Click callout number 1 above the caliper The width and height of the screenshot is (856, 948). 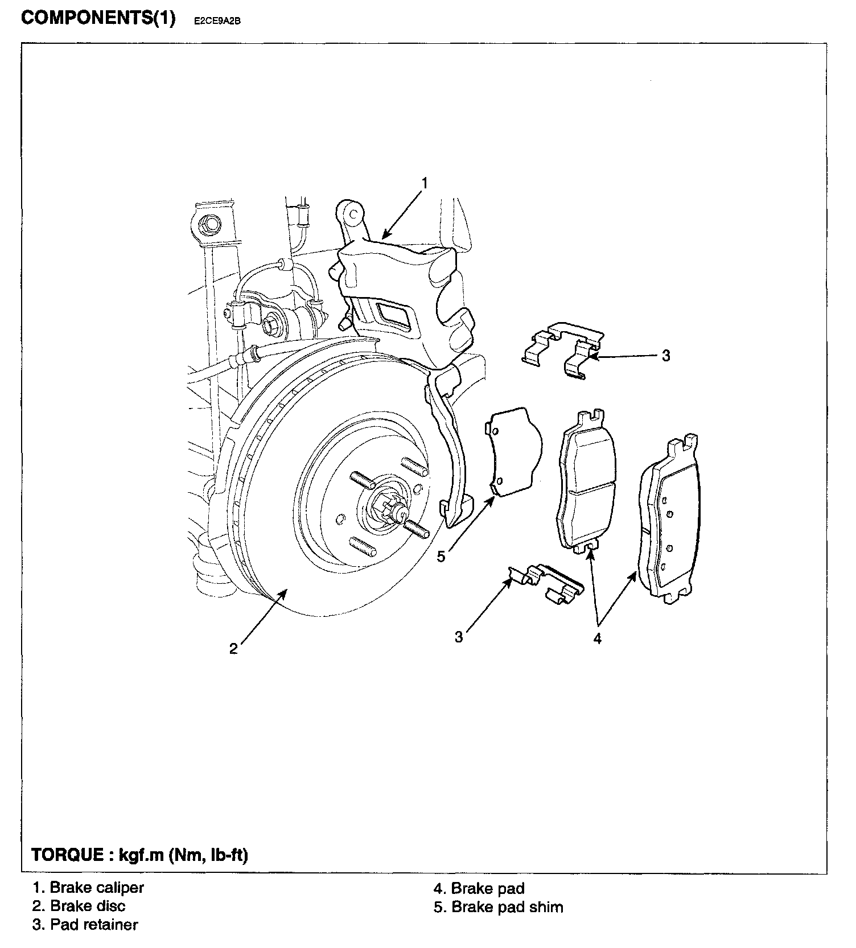424,183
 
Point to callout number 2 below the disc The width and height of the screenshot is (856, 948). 233,649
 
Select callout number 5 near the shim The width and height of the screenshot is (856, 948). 441,556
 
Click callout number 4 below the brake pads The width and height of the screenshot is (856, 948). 597,638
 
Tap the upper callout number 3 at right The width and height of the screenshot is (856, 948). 666,356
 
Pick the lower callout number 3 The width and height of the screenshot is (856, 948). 459,637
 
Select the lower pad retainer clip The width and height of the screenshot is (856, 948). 546,583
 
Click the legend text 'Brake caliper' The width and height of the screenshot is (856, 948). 97,887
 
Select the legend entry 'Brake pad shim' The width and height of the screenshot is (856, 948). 507,906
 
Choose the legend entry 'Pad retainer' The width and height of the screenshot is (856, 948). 94,925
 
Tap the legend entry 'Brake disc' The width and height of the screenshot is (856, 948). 88,906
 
